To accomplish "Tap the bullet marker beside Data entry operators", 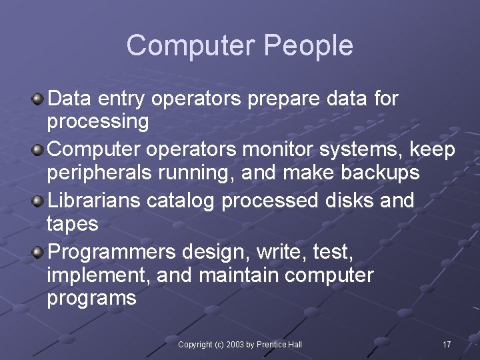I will (39, 99).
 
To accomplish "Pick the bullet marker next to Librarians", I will (39, 200).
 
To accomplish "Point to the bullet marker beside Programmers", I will (39, 251).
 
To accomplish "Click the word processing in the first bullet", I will (98, 123).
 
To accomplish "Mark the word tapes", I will (73, 225).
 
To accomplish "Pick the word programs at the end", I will (91, 298).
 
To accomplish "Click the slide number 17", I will (447, 344).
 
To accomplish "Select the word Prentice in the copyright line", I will (269, 344).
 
